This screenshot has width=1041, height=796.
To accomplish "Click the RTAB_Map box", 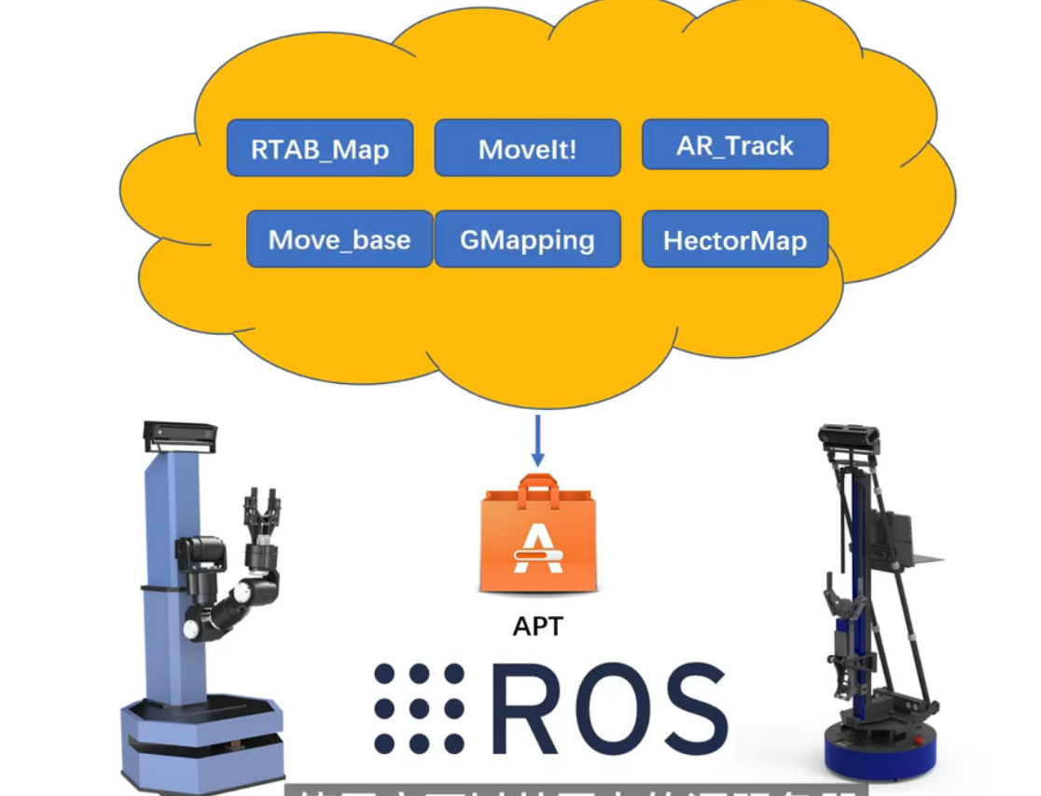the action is [320, 148].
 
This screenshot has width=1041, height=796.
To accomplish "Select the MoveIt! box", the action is [527, 148].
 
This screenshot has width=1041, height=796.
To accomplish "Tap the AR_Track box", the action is [735, 145].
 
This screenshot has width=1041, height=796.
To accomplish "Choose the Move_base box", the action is [340, 240].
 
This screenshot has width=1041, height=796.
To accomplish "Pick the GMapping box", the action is [527, 240].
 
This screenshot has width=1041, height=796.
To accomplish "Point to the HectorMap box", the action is [735, 240].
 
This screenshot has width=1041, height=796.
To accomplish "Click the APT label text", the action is [538, 626].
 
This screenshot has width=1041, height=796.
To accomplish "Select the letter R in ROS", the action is [530, 708].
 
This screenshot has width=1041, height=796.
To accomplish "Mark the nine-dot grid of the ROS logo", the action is [419, 708].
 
